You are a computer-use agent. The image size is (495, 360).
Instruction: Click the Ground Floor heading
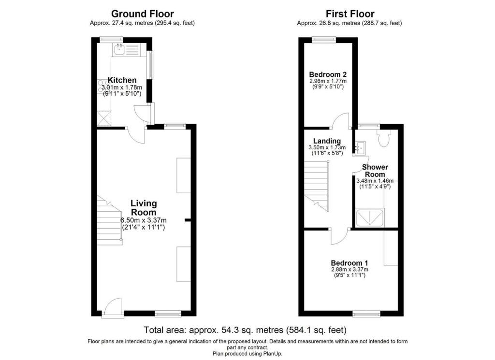pos(143,14)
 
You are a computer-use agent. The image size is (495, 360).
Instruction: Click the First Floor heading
pos(350,14)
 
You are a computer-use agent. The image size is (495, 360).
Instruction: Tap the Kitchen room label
pos(122,80)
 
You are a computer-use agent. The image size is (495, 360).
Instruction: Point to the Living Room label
pos(144,208)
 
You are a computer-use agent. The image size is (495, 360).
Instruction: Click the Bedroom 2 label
pos(328,74)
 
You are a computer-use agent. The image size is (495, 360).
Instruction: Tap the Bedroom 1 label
pos(350,263)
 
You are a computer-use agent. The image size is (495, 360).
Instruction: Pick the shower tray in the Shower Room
pos(371,218)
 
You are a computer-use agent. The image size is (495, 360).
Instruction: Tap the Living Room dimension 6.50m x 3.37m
pos(143,220)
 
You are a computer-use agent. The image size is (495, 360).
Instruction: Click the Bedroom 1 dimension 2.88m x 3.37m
pos(350,270)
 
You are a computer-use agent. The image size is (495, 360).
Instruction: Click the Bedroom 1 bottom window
pos(363,315)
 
